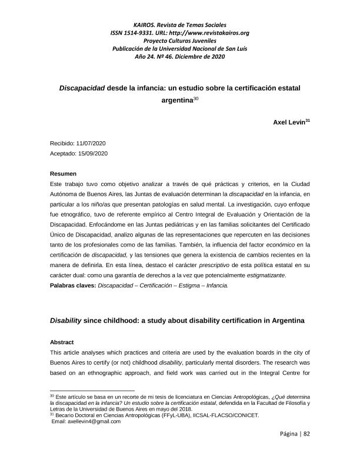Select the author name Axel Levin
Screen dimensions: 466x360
coord(286,122)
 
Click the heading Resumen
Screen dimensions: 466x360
coord(63,174)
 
